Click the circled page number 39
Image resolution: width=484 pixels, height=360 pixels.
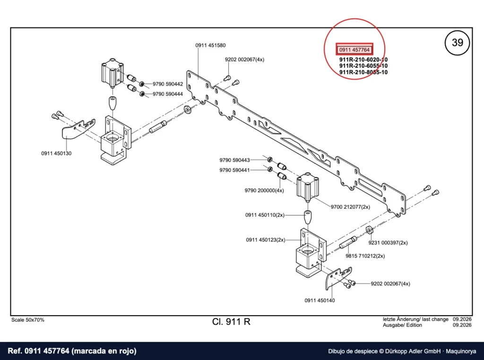[x=457, y=42]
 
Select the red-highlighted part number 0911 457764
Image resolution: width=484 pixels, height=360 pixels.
[x=354, y=50]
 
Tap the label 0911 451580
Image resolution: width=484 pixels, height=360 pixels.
[x=210, y=45]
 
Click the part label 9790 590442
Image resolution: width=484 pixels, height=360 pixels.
[x=168, y=84]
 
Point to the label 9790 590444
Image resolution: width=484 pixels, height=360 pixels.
[x=168, y=94]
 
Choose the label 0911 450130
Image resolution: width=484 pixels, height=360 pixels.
[x=57, y=154]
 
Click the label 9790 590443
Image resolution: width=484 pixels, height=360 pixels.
[x=234, y=160]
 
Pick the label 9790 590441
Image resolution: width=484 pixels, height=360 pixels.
[x=234, y=170]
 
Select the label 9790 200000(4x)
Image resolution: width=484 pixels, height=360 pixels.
[x=264, y=191]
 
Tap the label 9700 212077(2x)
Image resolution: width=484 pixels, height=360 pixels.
[x=350, y=207]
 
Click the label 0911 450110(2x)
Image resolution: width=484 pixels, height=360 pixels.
[x=265, y=215]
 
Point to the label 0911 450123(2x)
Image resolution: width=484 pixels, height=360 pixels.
[x=266, y=240]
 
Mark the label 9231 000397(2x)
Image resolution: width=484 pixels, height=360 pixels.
[x=388, y=243]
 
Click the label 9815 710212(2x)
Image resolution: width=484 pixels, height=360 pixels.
[x=365, y=256]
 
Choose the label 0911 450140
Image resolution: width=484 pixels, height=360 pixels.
[x=320, y=300]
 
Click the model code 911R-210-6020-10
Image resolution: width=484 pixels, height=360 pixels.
[x=363, y=60]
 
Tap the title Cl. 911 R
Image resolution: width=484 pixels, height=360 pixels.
[x=231, y=322]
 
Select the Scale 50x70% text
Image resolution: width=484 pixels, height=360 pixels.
[x=28, y=320]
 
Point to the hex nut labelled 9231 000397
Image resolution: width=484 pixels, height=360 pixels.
[x=369, y=230]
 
